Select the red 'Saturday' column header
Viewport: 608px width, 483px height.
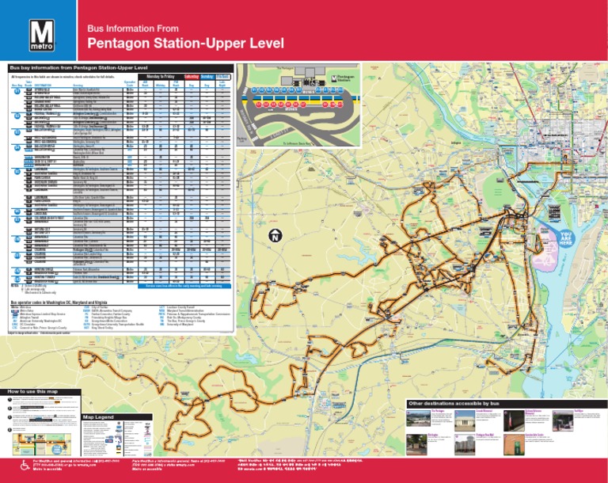click(x=191, y=74)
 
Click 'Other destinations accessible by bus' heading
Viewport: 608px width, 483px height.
click(x=453, y=403)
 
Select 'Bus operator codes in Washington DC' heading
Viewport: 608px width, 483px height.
click(x=63, y=302)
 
